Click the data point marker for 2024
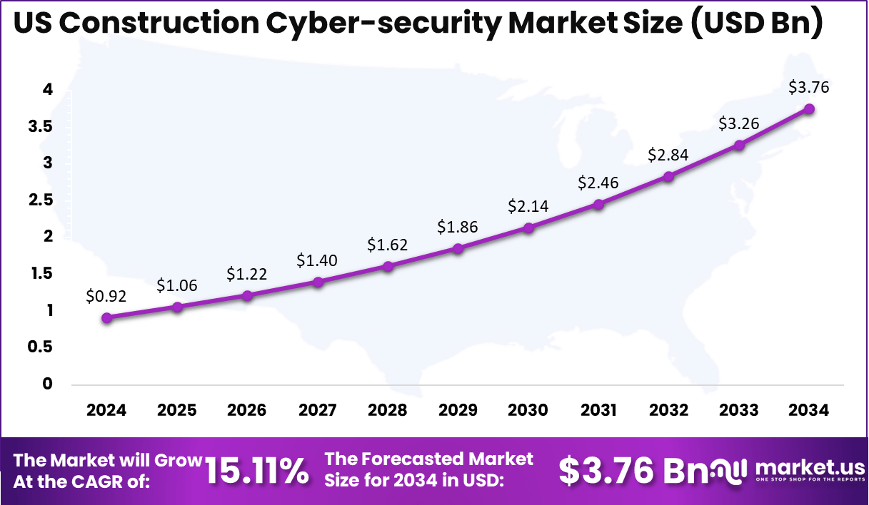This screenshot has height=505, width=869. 106,318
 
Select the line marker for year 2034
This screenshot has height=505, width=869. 809,108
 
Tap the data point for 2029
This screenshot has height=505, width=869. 458,249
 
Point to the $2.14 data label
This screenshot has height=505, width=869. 528,206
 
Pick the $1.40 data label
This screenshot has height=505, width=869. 317,260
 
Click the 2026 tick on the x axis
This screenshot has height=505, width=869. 247,410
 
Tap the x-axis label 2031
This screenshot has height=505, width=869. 598,410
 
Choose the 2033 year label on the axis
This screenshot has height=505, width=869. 739,410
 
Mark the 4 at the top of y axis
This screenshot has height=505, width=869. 48,90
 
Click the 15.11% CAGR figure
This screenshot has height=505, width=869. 257,471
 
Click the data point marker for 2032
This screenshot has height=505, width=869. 668,176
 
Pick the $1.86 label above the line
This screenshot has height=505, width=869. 458,228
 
